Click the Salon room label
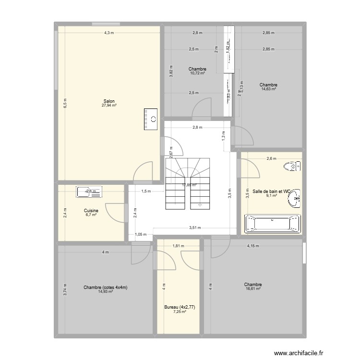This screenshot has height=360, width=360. pyautogui.click(x=109, y=101)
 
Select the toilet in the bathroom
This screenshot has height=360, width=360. pyautogui.click(x=292, y=167)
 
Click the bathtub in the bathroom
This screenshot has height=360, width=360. pyautogui.click(x=272, y=223)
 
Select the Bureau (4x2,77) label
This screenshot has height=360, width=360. pyautogui.click(x=180, y=307)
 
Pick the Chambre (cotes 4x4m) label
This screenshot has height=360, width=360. pyautogui.click(x=105, y=288)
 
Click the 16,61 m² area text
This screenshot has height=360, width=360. pyautogui.click(x=252, y=288)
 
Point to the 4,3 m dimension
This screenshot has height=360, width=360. pyautogui.click(x=109, y=33)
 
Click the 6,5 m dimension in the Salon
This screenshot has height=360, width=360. pyautogui.click(x=66, y=103)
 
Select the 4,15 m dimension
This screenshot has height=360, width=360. pyautogui.click(x=253, y=246)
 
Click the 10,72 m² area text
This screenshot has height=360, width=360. pyautogui.click(x=197, y=73)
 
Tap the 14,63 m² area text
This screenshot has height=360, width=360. pyautogui.click(x=268, y=89)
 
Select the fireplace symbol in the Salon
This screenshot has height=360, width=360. pyautogui.click(x=151, y=120)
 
